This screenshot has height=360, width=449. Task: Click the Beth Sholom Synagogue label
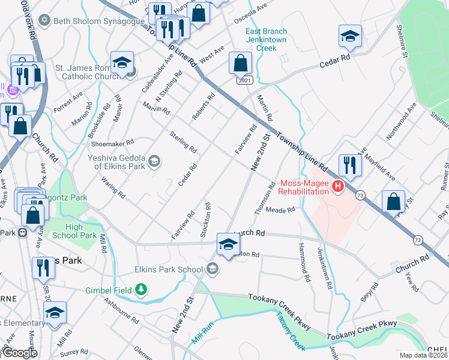pos(91,21)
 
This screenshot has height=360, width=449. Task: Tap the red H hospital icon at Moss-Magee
pos(337,187)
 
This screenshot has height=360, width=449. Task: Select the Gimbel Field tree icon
pos(141,290)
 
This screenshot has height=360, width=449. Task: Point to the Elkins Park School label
pos(169,269)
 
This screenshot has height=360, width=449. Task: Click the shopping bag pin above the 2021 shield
pos(240,63)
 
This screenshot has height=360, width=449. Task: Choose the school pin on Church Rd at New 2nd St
pos(228,244)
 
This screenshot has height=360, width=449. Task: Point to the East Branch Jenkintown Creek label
pos(267,39)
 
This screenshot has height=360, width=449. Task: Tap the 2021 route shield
pos(244,80)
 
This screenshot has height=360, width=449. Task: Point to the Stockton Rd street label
pos(206,220)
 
